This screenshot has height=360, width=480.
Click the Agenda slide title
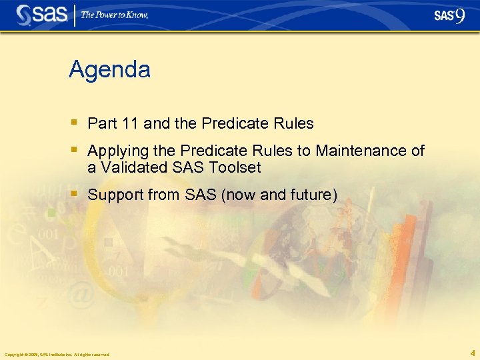(x=109, y=69)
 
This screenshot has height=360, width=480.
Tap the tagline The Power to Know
(x=115, y=15)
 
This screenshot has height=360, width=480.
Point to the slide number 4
(x=472, y=353)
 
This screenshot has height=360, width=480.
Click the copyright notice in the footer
(x=57, y=354)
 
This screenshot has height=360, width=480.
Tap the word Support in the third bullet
(x=114, y=195)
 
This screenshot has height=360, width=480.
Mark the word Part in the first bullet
(x=101, y=124)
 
